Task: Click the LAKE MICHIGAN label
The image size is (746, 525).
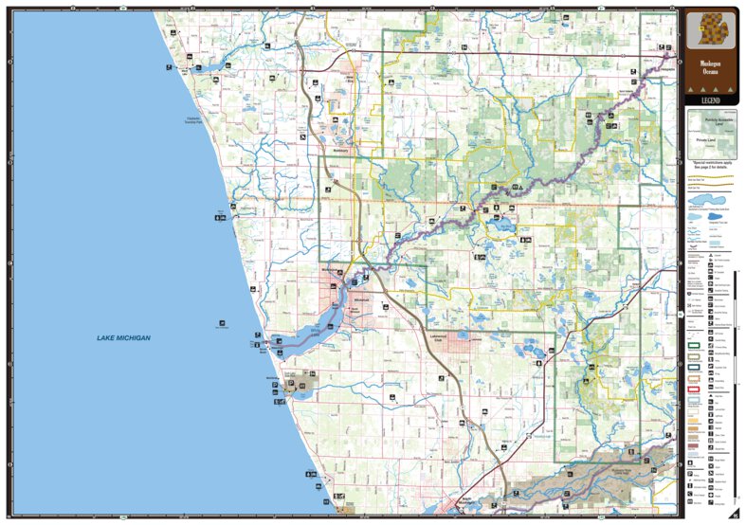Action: coord(124,338)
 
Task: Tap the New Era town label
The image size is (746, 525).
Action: coord(353,81)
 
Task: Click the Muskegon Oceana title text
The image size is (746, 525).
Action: coord(709,68)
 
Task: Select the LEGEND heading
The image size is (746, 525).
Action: coord(709,99)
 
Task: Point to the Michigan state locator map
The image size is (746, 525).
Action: coord(709,31)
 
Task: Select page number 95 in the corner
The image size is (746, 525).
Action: coord(734,515)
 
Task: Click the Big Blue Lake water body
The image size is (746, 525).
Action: coord(500,226)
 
